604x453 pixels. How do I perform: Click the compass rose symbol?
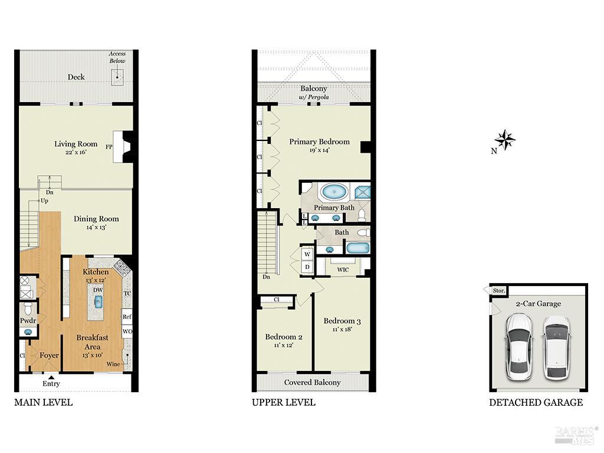(x=504, y=140)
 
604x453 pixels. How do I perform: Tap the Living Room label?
(x=75, y=144)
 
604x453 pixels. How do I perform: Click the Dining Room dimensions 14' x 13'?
(x=96, y=227)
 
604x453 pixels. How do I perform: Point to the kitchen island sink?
(x=99, y=302)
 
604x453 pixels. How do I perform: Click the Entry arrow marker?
(x=51, y=377)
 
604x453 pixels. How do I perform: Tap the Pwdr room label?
(x=28, y=321)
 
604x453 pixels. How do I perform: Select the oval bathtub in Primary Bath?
(x=334, y=192)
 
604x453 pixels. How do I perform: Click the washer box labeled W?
(x=307, y=254)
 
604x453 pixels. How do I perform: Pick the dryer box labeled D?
(x=307, y=267)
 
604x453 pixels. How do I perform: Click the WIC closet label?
(x=343, y=270)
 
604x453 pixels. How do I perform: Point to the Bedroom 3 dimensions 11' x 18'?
(x=342, y=329)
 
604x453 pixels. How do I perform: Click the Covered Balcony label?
(x=312, y=382)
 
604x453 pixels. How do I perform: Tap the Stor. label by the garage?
(x=498, y=290)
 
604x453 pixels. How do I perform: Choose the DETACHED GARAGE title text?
(x=536, y=402)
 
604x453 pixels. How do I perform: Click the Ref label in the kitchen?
(x=127, y=316)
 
